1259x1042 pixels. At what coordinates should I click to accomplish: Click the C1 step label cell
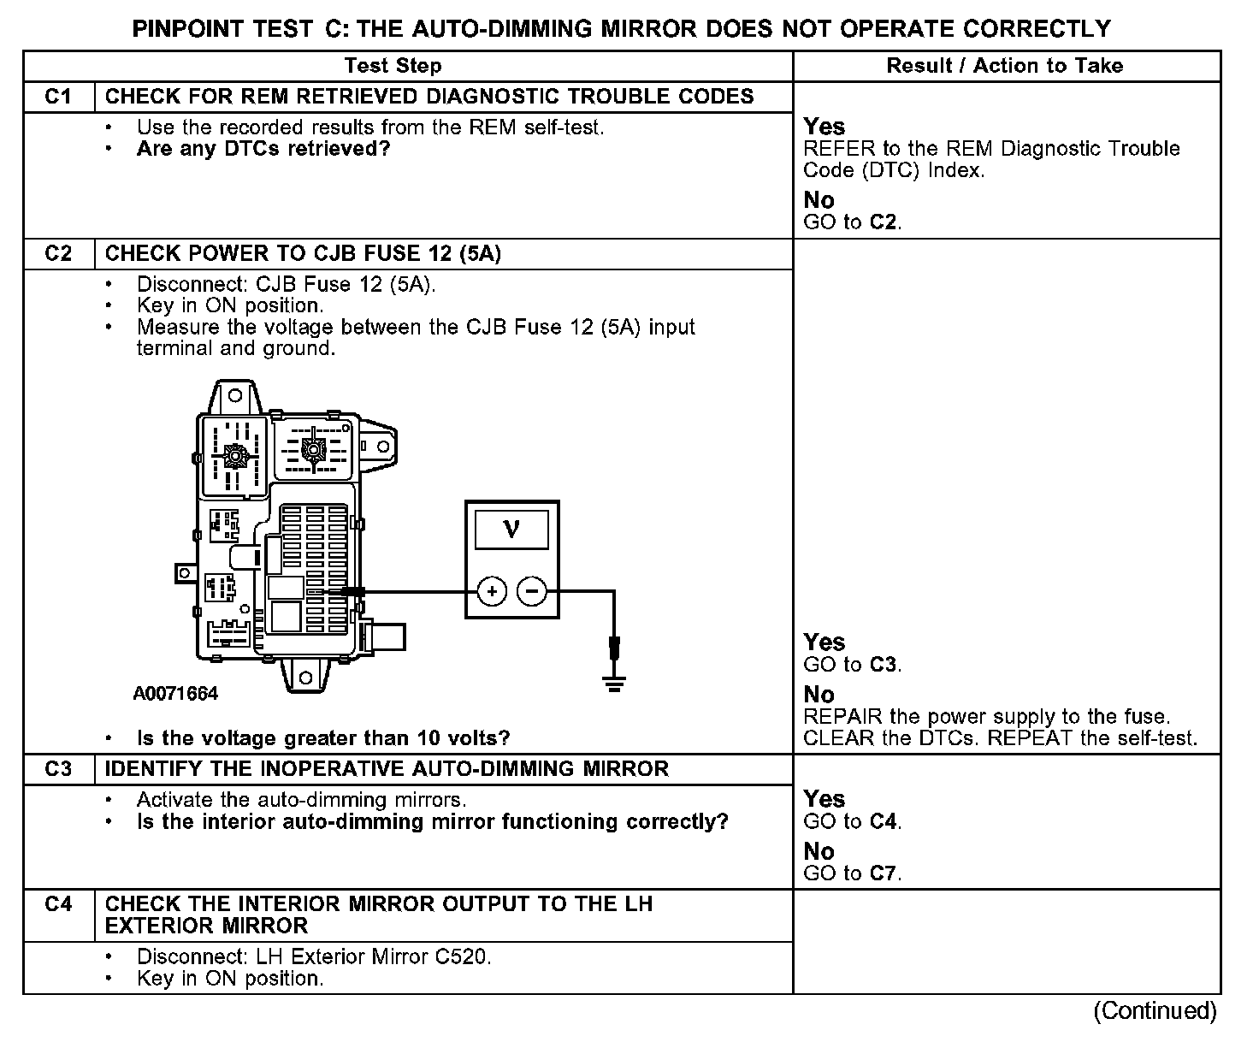point(58,97)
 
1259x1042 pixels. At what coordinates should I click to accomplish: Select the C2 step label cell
point(58,254)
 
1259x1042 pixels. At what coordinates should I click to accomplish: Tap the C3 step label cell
point(58,769)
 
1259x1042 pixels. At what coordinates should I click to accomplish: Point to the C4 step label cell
point(58,904)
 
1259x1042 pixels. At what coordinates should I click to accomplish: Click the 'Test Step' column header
point(393,66)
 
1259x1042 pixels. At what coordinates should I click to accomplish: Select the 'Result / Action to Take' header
point(1004,66)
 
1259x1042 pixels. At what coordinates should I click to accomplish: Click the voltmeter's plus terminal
point(491,591)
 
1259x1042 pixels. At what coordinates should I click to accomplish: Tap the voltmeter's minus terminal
point(532,591)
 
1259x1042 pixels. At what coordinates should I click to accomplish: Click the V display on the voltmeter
point(511,530)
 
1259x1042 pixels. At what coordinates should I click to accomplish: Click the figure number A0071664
point(175,694)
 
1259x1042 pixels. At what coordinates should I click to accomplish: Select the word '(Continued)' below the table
point(1154,1010)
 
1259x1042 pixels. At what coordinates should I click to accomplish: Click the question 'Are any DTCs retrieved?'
point(263,150)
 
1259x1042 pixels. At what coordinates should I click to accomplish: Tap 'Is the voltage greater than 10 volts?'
point(323,737)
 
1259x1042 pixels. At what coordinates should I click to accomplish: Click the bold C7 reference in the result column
point(884,873)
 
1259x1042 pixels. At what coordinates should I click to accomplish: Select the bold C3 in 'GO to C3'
point(884,665)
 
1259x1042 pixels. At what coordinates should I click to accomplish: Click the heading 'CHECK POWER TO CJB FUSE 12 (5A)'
point(303,254)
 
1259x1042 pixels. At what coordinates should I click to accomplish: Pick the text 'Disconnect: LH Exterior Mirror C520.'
point(314,956)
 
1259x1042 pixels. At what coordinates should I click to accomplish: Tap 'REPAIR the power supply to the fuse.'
point(987,717)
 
